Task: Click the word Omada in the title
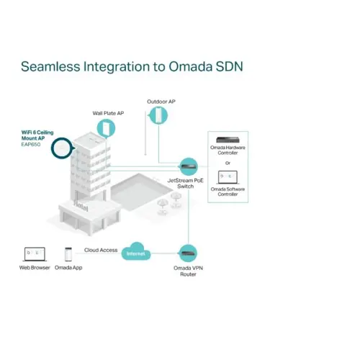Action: click(x=190, y=66)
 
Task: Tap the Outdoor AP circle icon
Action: click(x=158, y=115)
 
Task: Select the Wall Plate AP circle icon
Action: click(x=106, y=128)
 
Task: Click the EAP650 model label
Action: click(x=31, y=145)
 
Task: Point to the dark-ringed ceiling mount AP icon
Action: click(x=62, y=148)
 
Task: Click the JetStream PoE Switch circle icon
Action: click(x=189, y=166)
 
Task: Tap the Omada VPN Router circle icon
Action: click(x=188, y=253)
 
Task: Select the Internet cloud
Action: click(x=136, y=252)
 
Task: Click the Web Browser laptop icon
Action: click(x=35, y=254)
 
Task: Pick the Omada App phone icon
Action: click(x=68, y=254)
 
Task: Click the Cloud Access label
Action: click(x=101, y=250)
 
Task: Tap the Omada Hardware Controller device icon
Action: click(x=228, y=140)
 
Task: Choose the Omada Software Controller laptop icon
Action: click(x=228, y=177)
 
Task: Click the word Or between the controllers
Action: click(x=228, y=163)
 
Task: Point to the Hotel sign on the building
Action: click(x=81, y=206)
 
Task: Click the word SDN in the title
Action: click(x=230, y=66)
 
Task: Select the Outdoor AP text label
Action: click(x=161, y=102)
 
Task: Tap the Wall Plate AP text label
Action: click(x=108, y=113)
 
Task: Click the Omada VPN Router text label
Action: click(x=188, y=271)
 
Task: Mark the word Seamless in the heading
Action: click(x=50, y=66)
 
